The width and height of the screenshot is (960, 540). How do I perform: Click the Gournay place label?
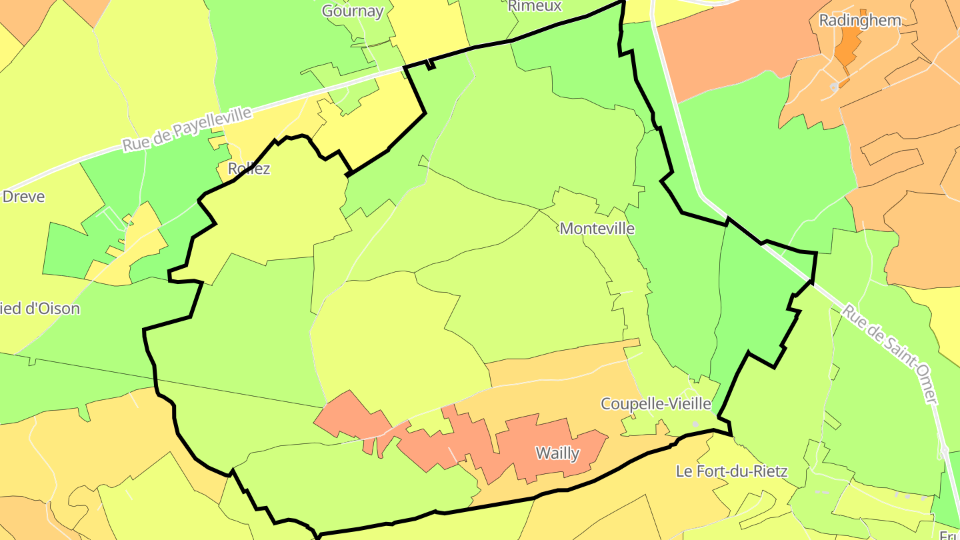click(x=353, y=11)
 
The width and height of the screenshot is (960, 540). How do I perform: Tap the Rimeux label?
click(x=535, y=6)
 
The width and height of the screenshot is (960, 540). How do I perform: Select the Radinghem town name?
click(x=860, y=20)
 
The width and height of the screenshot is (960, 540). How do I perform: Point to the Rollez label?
click(x=249, y=169)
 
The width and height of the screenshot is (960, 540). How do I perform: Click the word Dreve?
click(x=24, y=197)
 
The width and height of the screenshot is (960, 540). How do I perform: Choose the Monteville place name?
click(x=597, y=229)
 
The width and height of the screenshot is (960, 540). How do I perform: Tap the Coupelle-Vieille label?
click(x=656, y=404)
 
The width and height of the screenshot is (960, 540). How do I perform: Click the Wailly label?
click(x=558, y=454)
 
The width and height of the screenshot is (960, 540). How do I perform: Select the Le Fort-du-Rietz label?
click(x=732, y=471)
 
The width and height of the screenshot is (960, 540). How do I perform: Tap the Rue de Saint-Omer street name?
click(x=889, y=354)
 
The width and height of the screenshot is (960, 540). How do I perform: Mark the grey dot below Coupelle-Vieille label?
click(x=695, y=424)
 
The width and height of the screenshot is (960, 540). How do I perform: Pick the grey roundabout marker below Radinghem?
click(x=834, y=87)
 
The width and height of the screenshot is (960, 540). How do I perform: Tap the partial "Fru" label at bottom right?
click(x=949, y=535)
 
